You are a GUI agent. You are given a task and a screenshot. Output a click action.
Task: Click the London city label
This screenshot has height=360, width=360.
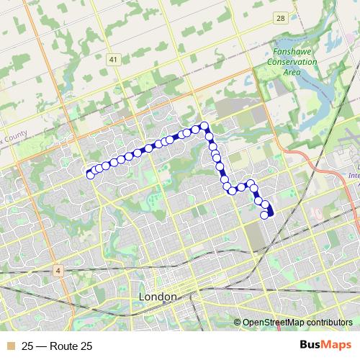[x=156, y=297]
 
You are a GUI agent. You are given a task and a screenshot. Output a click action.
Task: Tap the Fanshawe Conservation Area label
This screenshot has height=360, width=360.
[x=292, y=63]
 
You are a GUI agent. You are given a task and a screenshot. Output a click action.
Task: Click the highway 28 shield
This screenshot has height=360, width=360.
[x=279, y=18]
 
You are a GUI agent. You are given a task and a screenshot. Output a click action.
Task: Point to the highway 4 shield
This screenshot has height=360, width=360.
[x=58, y=270]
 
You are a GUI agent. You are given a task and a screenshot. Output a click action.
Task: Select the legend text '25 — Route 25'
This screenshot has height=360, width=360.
[x=57, y=346]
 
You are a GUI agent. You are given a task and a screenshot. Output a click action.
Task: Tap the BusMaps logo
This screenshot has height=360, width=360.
[x=325, y=346]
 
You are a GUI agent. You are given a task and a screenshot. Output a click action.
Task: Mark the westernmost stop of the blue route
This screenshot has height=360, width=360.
[x=90, y=175]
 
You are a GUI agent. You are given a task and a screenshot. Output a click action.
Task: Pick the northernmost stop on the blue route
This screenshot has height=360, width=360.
[x=204, y=126]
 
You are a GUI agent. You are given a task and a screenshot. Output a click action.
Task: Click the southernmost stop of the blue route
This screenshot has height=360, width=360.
[x=265, y=215]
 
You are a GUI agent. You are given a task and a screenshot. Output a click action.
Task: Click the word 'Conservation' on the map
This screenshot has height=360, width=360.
[x=292, y=63]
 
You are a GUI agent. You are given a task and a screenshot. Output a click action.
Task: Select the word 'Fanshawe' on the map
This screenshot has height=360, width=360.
[x=292, y=53]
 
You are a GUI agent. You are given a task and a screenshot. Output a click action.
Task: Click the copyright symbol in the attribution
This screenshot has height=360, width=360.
[x=238, y=323]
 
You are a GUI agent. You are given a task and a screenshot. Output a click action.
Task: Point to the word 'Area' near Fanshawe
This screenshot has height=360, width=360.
[x=292, y=72]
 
